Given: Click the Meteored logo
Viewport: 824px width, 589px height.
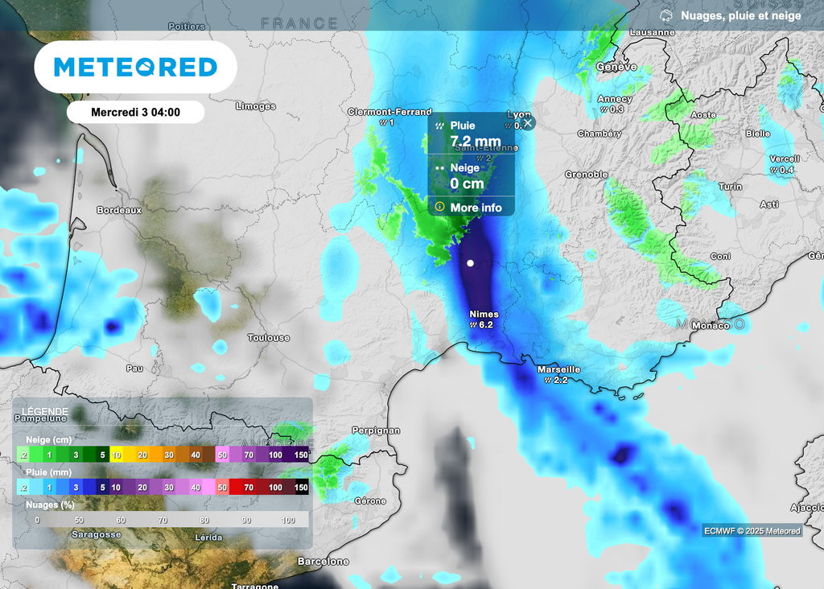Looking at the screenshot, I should point(135,67).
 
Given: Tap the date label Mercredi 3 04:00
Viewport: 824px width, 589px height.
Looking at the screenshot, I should point(135,112).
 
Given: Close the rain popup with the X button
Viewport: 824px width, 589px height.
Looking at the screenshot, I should point(528,123).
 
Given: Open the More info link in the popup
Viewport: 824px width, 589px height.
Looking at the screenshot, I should point(476,208).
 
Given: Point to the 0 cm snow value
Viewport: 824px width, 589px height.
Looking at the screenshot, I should point(467,183).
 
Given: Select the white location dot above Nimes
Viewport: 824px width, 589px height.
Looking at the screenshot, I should point(471,263).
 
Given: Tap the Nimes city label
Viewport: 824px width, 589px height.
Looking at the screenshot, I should point(484,315).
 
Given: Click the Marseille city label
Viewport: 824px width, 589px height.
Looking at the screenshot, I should point(558,370).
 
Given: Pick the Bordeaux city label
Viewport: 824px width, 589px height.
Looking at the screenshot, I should point(119,210).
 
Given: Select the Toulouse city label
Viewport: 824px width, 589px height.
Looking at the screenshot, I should point(269,338).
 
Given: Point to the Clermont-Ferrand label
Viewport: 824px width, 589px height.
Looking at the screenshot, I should point(389,113).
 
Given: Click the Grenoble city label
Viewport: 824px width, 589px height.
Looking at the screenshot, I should point(586,175).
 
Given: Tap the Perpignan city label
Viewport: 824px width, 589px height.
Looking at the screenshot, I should point(377,430).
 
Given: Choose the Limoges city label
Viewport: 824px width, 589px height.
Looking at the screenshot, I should point(256,106).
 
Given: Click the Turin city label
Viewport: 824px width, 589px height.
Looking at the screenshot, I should point(730,187).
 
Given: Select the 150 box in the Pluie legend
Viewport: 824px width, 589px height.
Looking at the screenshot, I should point(301,488).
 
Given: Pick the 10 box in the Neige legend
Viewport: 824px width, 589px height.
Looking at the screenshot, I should point(117,455).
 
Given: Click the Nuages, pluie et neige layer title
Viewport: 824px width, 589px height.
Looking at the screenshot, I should point(740,16).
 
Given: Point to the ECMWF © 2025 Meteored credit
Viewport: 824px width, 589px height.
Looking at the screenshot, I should point(752,530).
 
